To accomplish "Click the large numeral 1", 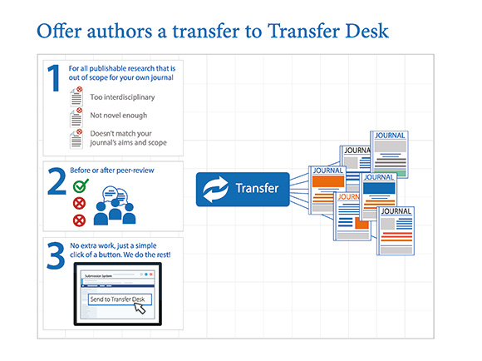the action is (x=53, y=78).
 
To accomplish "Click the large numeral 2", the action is (x=57, y=181).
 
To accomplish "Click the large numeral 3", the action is (x=56, y=255).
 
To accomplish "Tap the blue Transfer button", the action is (x=243, y=190).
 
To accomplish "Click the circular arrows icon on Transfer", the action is (x=215, y=190).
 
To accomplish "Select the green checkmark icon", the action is (x=81, y=185).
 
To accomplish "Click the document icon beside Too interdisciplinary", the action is (x=76, y=96).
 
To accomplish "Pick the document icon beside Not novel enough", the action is (x=76, y=117).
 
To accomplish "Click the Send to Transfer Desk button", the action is (x=120, y=299).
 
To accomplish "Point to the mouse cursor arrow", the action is (x=140, y=308).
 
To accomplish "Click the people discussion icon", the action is (x=115, y=205).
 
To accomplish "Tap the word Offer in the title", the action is (x=59, y=31).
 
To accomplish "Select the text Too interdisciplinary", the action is (x=122, y=97).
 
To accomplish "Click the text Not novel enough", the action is (x=119, y=116).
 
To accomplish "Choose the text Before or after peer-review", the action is (x=112, y=171).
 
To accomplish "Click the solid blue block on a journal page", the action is (x=379, y=188).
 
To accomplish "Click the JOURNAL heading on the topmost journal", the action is (x=390, y=136).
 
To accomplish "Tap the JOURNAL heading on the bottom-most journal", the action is (x=396, y=211).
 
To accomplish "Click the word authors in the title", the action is (x=120, y=32).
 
